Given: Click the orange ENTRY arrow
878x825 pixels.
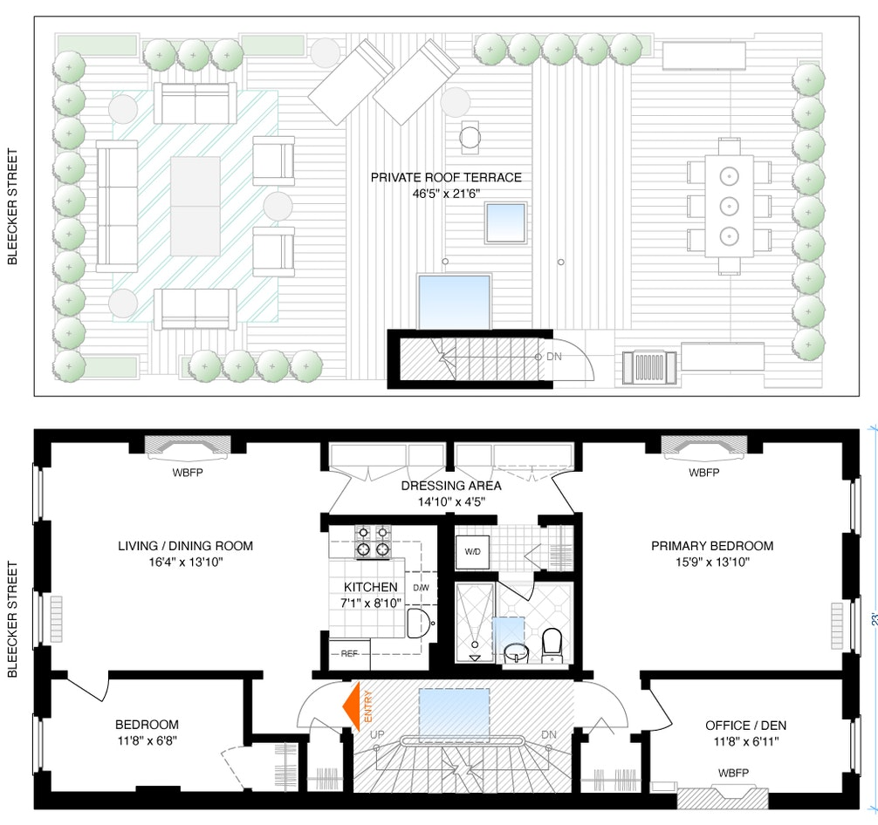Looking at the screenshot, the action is coord(354,704).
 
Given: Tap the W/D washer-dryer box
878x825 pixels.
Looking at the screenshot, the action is coord(472,551).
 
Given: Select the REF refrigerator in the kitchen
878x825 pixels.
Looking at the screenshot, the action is coord(349,653).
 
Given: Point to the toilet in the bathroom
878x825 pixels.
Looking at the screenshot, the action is coord(552,644).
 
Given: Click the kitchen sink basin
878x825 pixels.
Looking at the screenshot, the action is coord(419,623).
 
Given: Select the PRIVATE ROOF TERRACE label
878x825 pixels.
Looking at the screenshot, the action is coord(446,177).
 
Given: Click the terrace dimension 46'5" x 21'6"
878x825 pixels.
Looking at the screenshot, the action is coord(446,193).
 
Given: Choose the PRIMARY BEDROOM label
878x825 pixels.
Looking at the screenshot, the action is coord(712,546).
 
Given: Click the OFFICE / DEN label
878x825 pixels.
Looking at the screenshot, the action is coord(740,725).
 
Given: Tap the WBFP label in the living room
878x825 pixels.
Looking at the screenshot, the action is coord(187,474).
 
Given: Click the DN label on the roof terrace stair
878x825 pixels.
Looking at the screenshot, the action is coord(554,357).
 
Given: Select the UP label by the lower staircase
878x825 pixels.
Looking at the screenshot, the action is coord(377,734).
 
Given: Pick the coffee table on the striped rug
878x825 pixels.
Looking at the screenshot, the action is coord(195,206).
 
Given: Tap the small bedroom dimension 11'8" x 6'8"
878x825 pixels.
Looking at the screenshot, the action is coord(147,740).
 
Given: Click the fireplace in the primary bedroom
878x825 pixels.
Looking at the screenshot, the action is coord(703,446).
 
